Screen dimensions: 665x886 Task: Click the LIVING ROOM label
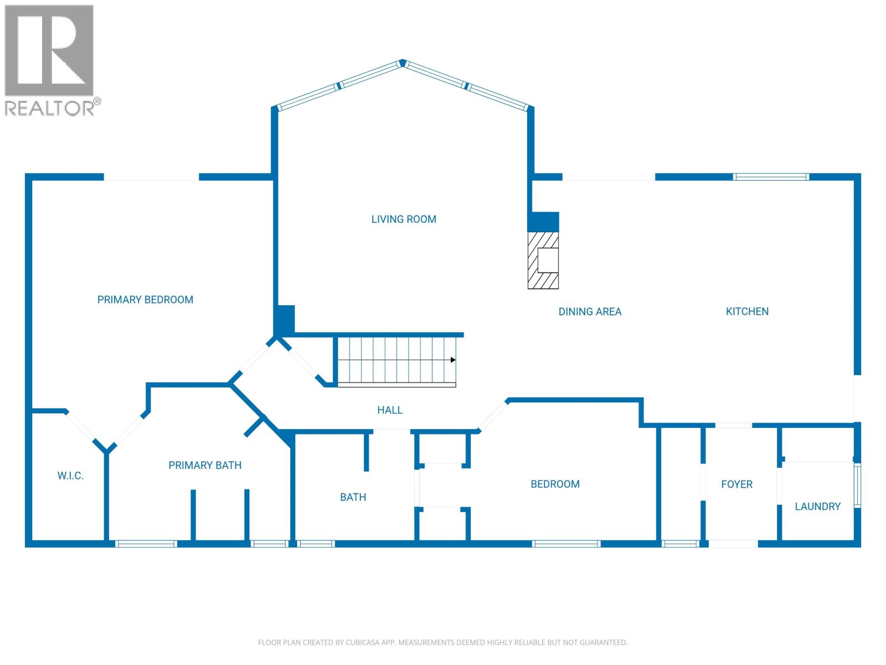click(x=404, y=219)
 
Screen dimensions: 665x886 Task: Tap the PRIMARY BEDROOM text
click(x=145, y=300)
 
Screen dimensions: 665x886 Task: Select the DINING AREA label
click(x=590, y=312)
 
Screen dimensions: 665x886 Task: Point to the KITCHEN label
click(x=747, y=311)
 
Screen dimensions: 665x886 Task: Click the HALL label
click(x=390, y=410)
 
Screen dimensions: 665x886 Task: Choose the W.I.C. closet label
click(x=70, y=476)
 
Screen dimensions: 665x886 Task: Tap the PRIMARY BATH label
click(x=205, y=465)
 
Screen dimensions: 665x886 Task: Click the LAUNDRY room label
click(x=817, y=507)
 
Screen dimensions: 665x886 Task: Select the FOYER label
click(x=736, y=484)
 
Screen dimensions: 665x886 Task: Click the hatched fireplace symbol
click(x=543, y=260)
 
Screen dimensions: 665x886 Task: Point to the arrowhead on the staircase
click(x=453, y=360)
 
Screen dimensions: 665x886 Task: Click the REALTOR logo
click(x=50, y=60)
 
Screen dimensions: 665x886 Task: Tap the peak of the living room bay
click(x=403, y=63)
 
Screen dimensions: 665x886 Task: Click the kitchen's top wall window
click(x=771, y=177)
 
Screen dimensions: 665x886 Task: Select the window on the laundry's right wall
click(x=857, y=485)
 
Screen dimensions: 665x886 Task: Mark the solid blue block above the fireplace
click(x=543, y=222)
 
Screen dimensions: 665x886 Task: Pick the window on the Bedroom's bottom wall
click(x=566, y=544)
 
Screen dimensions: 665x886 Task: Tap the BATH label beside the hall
click(x=353, y=498)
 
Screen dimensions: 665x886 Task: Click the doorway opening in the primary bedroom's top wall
click(x=151, y=177)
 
